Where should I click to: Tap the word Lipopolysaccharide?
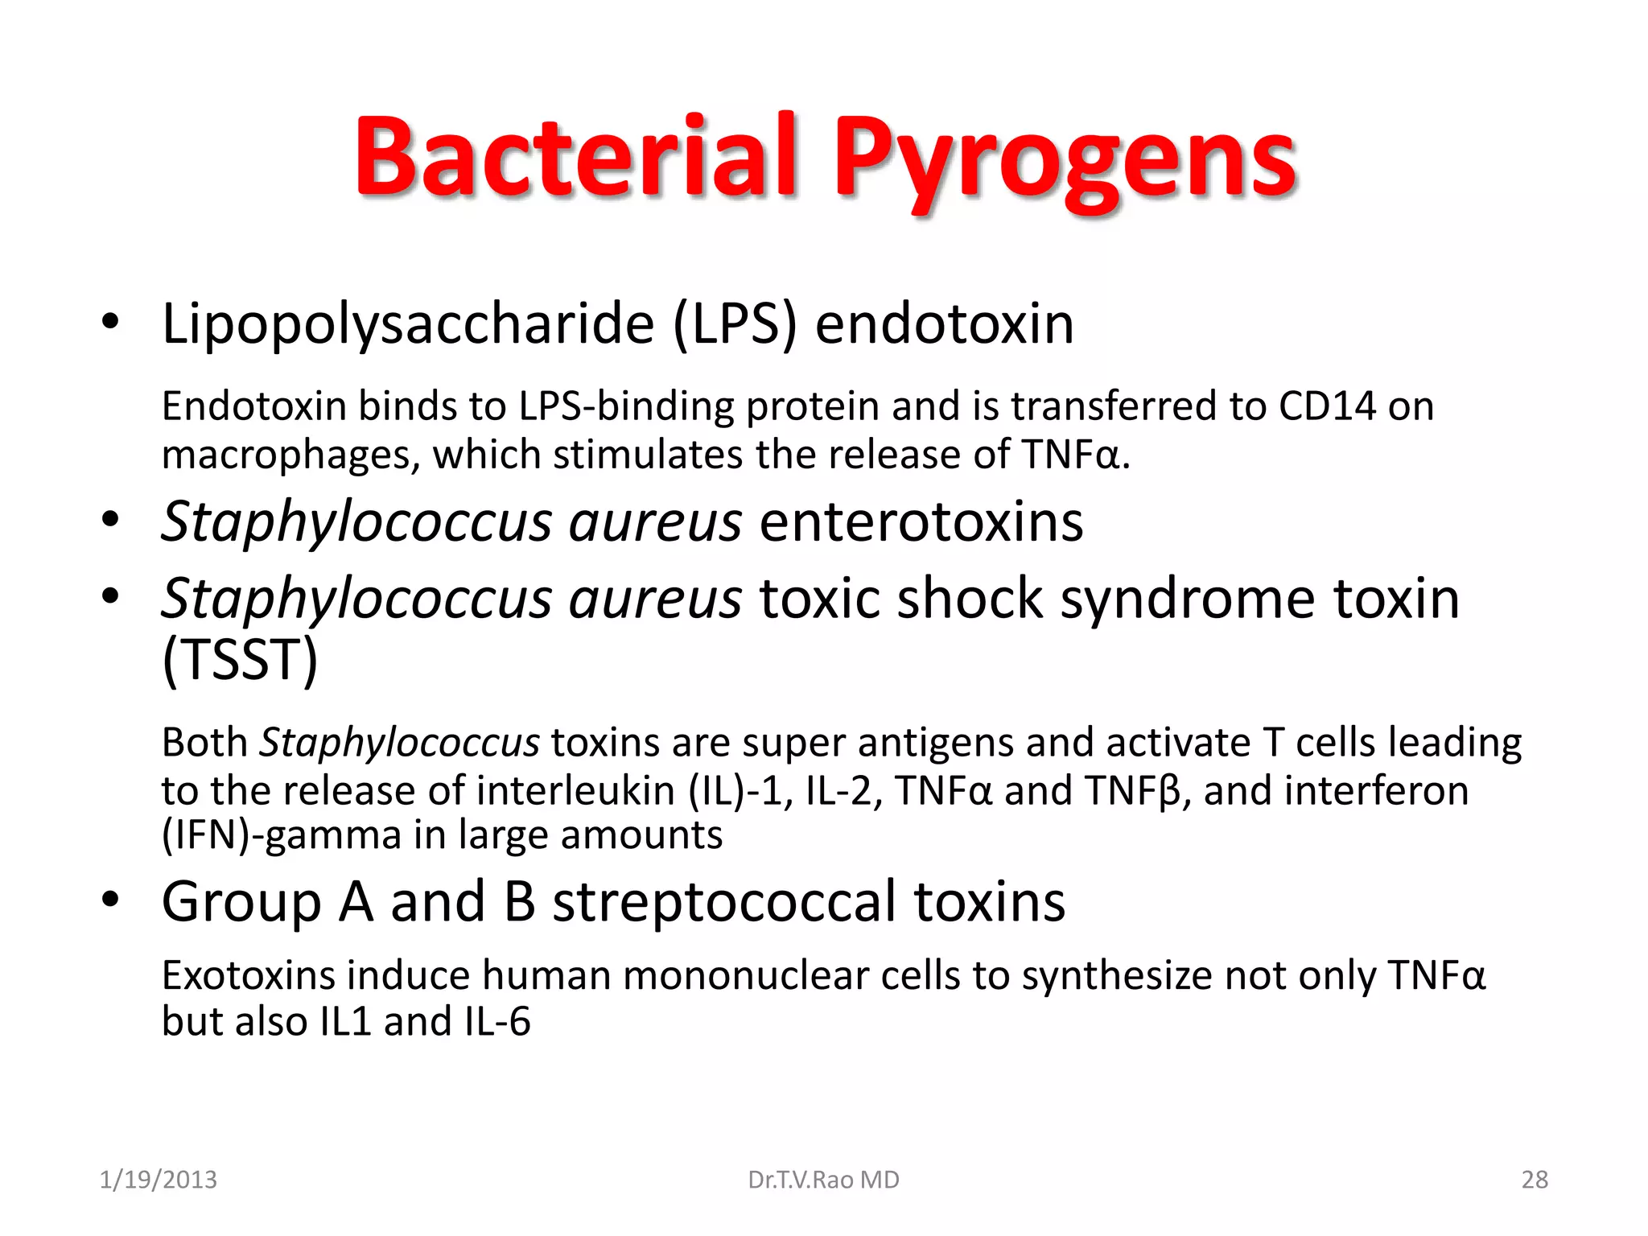coord(408,324)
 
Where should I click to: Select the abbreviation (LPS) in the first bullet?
coord(734,324)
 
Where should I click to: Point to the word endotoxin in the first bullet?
coord(944,324)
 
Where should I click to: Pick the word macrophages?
coord(290,455)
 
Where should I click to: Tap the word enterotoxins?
coord(921,521)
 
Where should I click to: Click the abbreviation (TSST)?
coord(240,660)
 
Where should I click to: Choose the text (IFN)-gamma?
coord(281,835)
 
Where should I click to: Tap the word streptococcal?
coord(723,901)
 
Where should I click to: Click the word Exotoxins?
coord(247,975)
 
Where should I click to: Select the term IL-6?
coord(497,1022)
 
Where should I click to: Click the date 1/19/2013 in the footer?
coord(158,1180)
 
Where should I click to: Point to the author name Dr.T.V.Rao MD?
coord(823,1180)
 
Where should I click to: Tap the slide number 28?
coord(1534,1180)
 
